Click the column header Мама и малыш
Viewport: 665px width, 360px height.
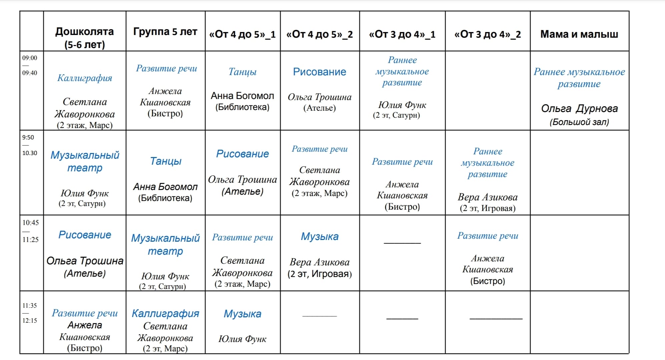click(x=579, y=34)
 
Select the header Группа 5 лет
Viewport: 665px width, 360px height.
click(x=165, y=32)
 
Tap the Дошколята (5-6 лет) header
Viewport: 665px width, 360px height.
click(x=84, y=38)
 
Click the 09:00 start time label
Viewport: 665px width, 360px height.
click(x=30, y=58)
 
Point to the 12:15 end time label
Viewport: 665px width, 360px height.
click(x=30, y=321)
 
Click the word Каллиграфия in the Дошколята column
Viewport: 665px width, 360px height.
click(x=85, y=78)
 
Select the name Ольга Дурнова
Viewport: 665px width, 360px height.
click(x=579, y=108)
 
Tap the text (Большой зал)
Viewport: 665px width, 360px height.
click(x=579, y=122)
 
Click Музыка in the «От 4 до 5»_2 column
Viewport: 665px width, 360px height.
click(x=319, y=237)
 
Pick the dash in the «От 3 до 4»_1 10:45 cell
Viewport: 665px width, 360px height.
click(x=402, y=243)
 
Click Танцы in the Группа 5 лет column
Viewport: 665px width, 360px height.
click(x=165, y=161)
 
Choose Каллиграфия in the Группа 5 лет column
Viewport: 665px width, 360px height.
click(x=165, y=313)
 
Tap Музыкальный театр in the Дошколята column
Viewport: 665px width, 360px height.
click(x=85, y=161)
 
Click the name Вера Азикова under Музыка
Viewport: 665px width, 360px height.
click(x=319, y=262)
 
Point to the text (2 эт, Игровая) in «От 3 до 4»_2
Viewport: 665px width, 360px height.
click(x=488, y=209)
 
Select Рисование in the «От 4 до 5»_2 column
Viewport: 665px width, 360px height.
click(x=319, y=72)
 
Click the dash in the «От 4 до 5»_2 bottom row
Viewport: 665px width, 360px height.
click(x=319, y=316)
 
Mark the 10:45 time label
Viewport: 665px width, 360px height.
click(x=30, y=223)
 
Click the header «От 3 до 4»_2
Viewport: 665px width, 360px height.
click(x=488, y=34)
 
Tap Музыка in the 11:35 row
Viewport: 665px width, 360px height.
click(x=242, y=314)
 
